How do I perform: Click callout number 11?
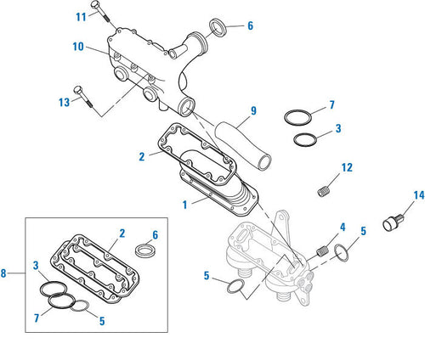point(80,17)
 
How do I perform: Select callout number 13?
point(63,102)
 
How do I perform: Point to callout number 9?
point(253,110)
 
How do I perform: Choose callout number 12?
point(347,167)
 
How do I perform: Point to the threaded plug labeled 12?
point(322,194)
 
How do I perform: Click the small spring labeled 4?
point(320,250)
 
